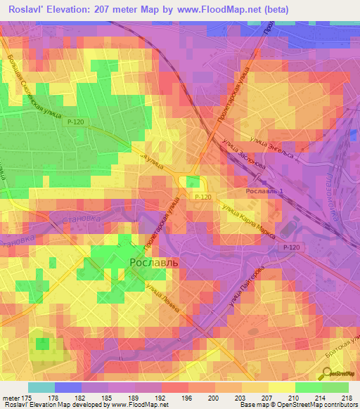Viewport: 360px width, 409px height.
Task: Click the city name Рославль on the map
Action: point(155,261)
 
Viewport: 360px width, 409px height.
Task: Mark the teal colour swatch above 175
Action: point(41,387)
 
